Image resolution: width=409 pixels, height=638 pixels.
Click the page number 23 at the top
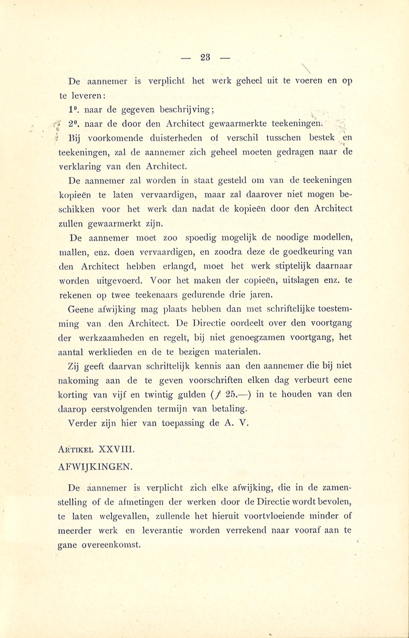pos(205,57)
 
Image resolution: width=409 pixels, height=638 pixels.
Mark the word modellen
pos(330,238)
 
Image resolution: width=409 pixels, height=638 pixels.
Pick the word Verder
pos(83,424)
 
